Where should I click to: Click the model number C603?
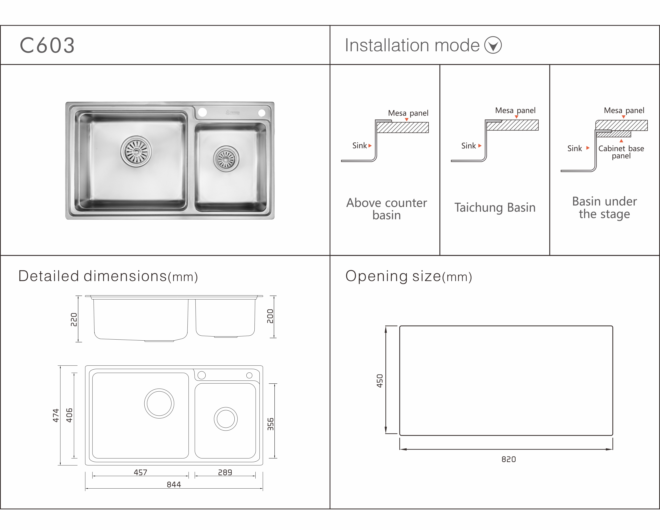point(47,46)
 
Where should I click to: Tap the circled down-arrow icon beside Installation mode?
point(493,45)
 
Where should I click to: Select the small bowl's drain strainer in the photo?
point(226,159)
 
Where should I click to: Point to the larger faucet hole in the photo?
point(202,112)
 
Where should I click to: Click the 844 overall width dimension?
point(174,484)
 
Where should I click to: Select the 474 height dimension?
point(56,415)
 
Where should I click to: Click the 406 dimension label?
point(69,415)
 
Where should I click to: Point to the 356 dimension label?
point(270,424)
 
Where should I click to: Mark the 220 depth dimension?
point(74,320)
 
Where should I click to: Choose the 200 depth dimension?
point(270,316)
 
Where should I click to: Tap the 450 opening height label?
point(380,381)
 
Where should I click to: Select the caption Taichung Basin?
point(495,208)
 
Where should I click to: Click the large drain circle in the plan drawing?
point(159,403)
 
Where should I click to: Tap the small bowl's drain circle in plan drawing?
point(226,419)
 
